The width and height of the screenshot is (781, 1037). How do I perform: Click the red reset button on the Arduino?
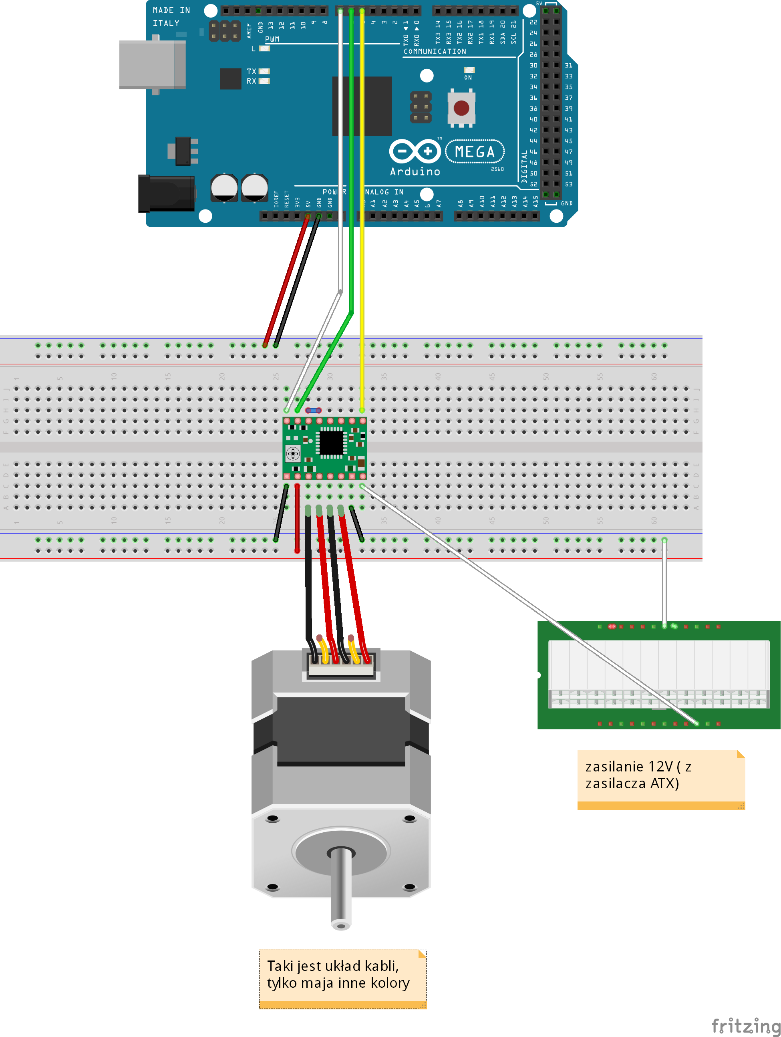point(461,108)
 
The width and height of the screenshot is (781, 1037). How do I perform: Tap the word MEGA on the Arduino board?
point(475,152)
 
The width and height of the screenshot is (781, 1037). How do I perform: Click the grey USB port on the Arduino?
point(152,65)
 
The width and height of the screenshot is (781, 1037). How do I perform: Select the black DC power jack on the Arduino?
point(167,193)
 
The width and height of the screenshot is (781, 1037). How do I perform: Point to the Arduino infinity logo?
point(415,151)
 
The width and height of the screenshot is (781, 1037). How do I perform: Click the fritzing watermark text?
point(745,1026)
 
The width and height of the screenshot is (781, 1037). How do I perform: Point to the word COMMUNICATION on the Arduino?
point(435,52)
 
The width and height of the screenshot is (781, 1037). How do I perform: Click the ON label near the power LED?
point(468,78)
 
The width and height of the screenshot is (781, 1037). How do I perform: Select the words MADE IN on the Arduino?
point(171,10)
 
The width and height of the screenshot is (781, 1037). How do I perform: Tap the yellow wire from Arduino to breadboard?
point(362,234)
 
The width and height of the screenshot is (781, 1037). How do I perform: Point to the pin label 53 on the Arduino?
point(568,184)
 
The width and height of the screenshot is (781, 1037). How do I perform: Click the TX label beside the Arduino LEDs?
point(251,71)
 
